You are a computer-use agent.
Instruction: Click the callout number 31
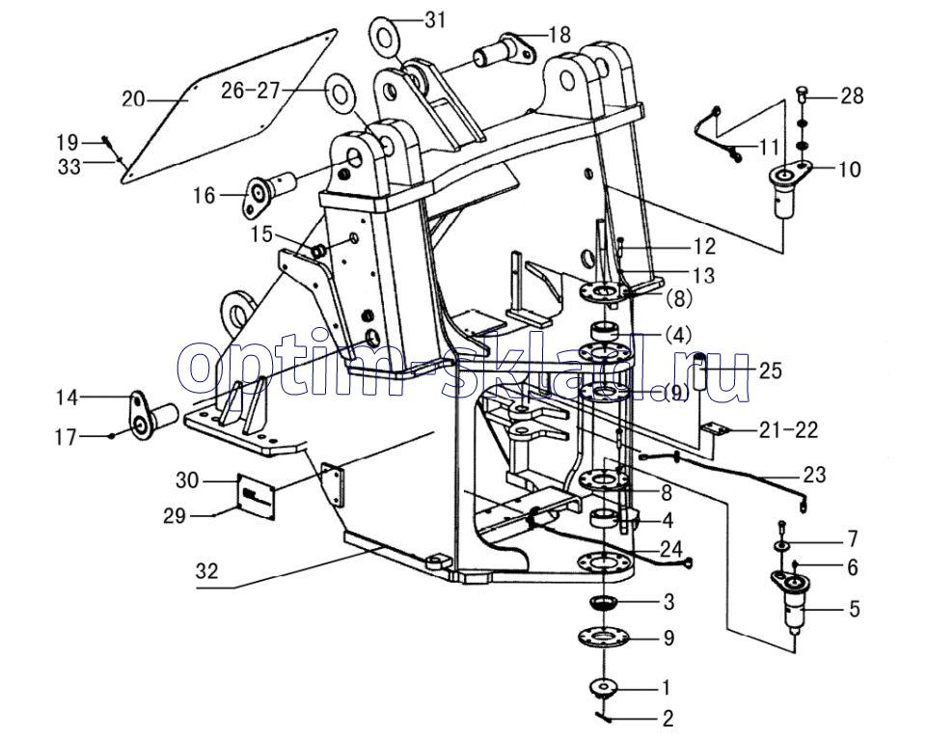(x=436, y=18)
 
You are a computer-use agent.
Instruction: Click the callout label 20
(x=134, y=98)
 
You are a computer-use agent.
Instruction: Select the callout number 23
(x=813, y=475)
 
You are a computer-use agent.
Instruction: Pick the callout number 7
(x=852, y=537)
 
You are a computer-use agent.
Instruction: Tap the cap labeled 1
(x=604, y=690)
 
